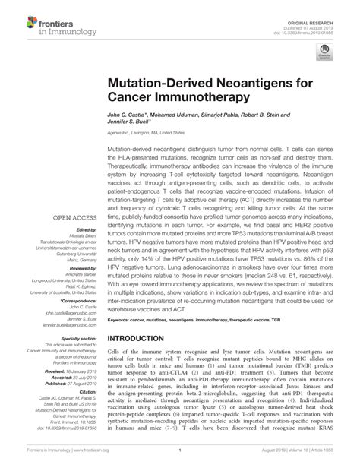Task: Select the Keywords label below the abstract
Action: (x=121, y=321)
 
